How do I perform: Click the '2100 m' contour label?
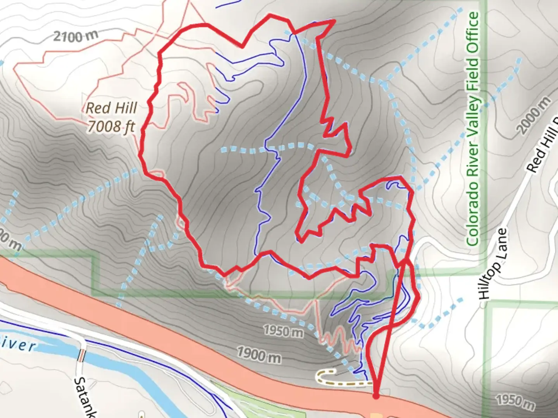[76, 36]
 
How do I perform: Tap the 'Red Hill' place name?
[111, 108]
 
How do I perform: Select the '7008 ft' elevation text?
[111, 126]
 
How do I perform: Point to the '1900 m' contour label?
[258, 355]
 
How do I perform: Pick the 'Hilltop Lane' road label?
[493, 264]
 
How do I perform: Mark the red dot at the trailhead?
[375, 396]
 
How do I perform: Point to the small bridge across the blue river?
[81, 355]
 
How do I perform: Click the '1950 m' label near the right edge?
[515, 401]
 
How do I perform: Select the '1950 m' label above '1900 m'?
[283, 331]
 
